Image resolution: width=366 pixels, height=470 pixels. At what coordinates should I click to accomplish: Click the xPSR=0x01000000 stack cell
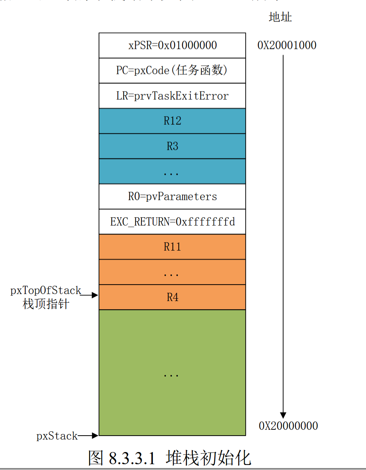172,45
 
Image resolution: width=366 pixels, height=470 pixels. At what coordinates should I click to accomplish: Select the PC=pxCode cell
172,70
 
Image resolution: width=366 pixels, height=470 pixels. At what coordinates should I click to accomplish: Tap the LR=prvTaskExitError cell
172,96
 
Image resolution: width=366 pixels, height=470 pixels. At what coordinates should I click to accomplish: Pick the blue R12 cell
172,121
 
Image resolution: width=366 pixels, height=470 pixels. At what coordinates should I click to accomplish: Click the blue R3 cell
172,146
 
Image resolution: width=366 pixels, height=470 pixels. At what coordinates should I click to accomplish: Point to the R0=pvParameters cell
172,196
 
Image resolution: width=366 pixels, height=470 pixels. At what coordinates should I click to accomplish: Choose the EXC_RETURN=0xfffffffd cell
172,222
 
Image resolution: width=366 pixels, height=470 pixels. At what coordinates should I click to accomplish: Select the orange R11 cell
172,247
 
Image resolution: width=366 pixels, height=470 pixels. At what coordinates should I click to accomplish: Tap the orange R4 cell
172,297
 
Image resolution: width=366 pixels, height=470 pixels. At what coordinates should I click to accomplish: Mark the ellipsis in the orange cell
171,274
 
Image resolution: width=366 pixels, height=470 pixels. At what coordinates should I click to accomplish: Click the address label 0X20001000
287,45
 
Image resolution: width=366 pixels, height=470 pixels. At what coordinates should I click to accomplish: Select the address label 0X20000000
288,426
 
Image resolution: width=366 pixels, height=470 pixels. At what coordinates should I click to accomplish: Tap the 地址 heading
280,17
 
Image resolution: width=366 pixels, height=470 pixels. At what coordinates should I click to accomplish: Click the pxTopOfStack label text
46,291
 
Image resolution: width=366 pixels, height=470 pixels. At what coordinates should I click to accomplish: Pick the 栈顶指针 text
46,304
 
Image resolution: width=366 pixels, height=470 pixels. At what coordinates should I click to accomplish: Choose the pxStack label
57,436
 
